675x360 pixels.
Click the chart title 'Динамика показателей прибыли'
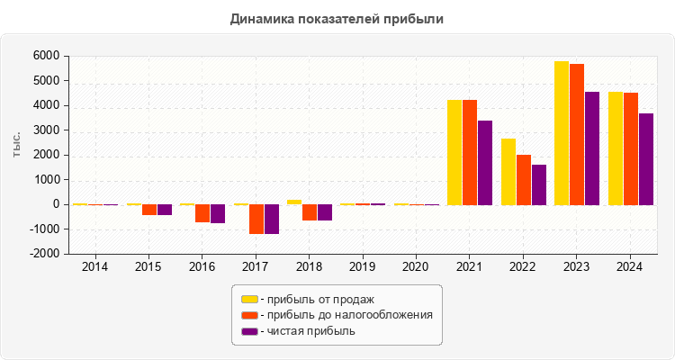pos(337,18)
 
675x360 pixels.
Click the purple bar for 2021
pos(485,162)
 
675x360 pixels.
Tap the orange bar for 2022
pos(524,180)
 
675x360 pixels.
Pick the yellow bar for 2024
pos(616,148)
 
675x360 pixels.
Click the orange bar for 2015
pos(149,210)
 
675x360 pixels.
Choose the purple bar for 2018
pos(325,212)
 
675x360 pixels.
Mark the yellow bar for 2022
pos(508,171)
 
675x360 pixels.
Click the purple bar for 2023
pos(592,148)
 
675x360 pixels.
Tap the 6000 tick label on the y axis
pos(45,56)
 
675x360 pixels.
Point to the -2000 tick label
pos(43,254)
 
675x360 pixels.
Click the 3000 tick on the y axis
pos(45,130)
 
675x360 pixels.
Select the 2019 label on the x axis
pos(363,267)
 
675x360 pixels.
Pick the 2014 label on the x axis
pos(95,267)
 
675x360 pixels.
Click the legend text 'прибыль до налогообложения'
pos(345,315)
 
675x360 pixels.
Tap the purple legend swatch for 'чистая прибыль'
pos(249,331)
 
